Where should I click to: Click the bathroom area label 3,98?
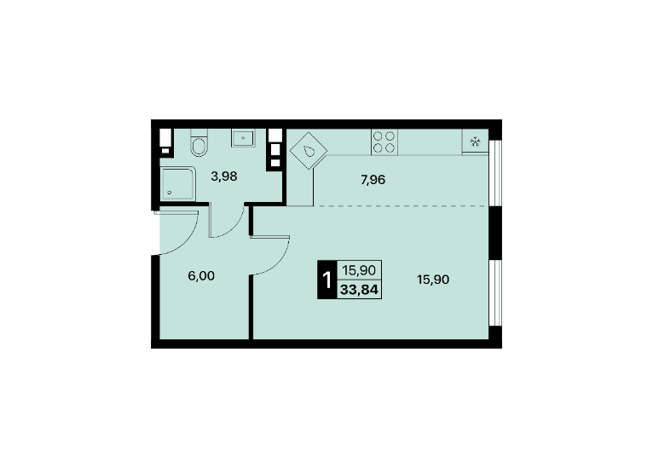tap(224, 176)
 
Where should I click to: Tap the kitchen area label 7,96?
tap(373, 180)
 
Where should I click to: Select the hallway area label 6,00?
tap(201, 275)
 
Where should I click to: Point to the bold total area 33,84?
tap(359, 289)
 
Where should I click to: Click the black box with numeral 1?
tap(326, 280)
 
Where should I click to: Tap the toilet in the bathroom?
tap(199, 143)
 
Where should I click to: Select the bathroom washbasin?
tap(243, 138)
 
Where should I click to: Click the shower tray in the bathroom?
tap(177, 183)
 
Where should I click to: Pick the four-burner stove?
tap(384, 142)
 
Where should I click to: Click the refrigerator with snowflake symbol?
tap(475, 142)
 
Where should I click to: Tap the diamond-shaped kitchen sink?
tap(309, 151)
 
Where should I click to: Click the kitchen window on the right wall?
tap(495, 173)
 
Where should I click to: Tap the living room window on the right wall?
tap(495, 292)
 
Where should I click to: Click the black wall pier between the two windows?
tap(495, 234)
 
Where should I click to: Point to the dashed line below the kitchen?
tap(402, 205)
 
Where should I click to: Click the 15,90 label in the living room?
tap(433, 280)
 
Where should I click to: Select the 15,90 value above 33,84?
tap(359, 270)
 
